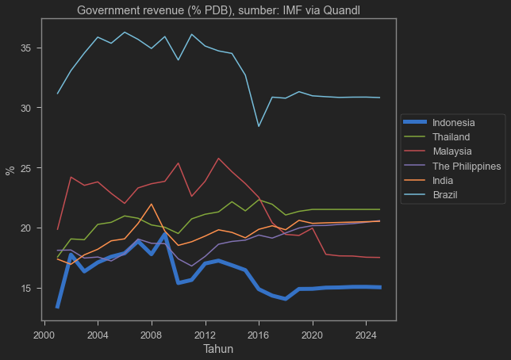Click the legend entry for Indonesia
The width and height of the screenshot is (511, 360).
coord(448,123)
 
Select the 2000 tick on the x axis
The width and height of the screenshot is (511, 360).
coord(44,335)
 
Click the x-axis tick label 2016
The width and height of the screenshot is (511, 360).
coord(259,335)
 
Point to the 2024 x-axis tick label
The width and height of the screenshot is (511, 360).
coord(366,335)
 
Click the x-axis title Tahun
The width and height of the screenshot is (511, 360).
coord(218,349)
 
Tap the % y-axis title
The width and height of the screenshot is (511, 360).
coord(10,169)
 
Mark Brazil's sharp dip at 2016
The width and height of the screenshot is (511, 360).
coord(259,126)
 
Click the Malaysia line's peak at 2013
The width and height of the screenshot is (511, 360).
coord(219,158)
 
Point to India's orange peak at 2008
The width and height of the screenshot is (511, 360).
coord(152,204)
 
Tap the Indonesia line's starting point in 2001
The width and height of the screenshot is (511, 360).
coord(58,307)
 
